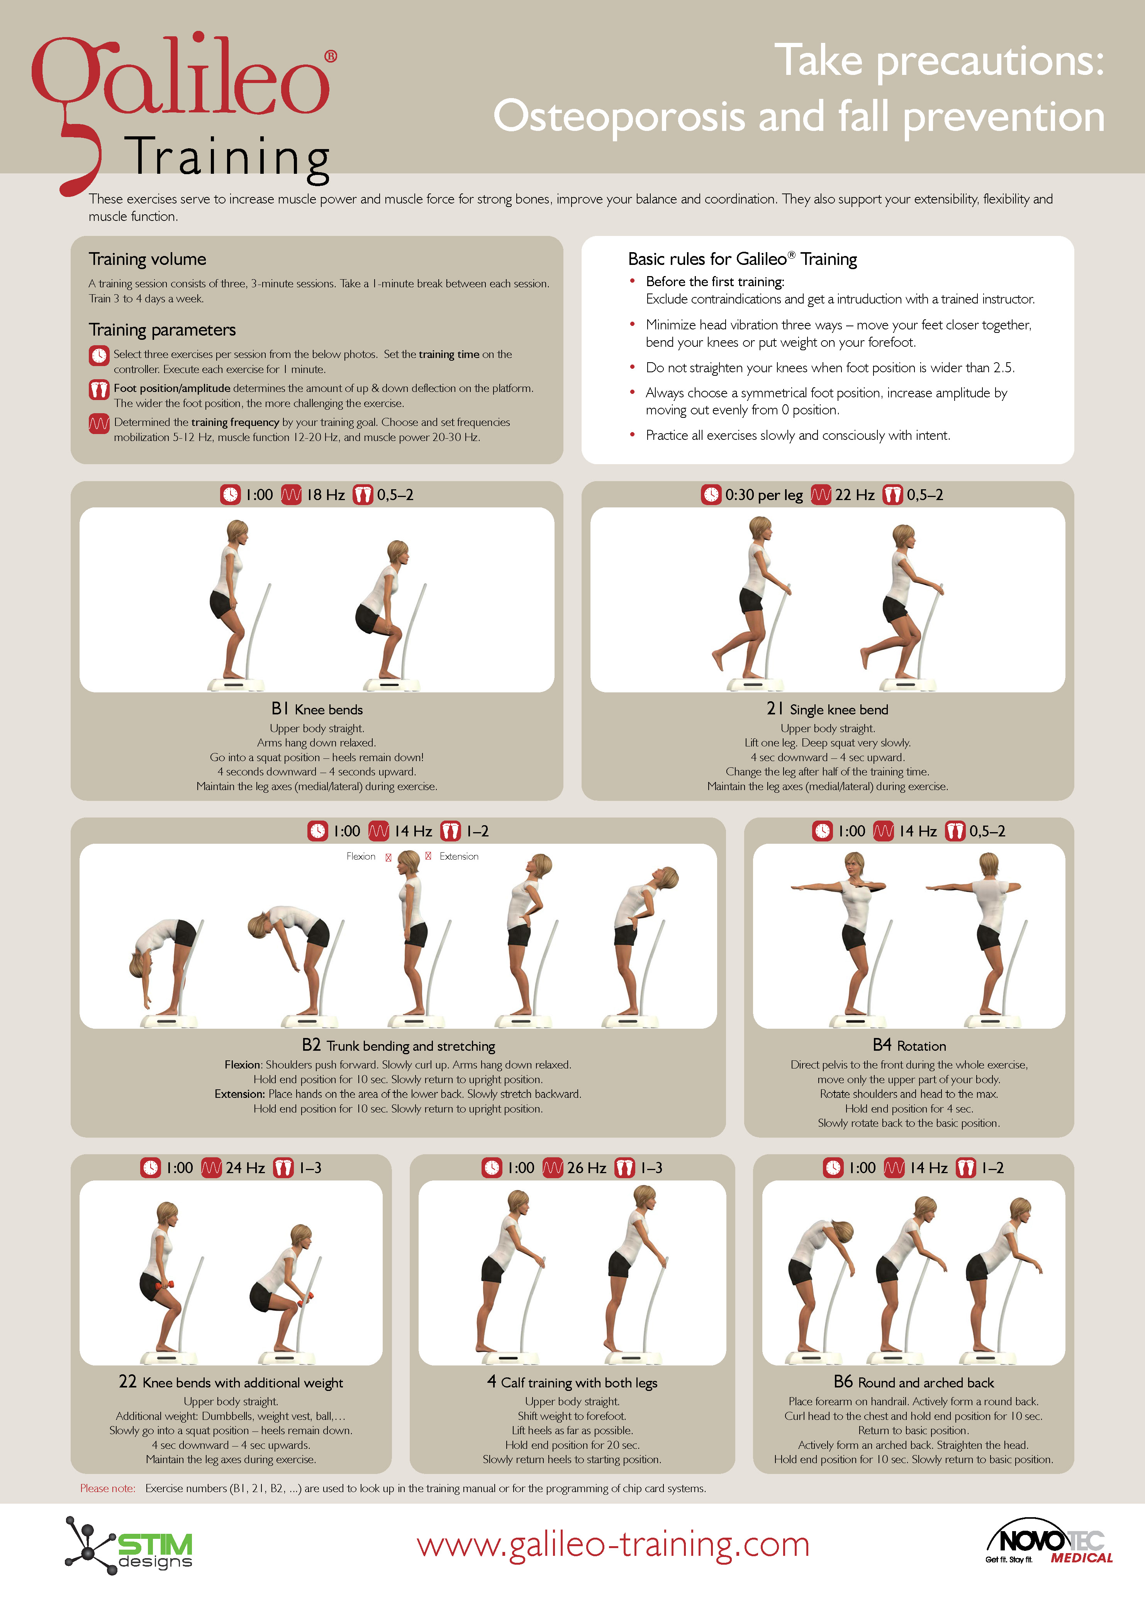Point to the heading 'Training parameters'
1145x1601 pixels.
tap(162, 330)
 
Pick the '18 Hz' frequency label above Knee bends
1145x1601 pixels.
tap(325, 495)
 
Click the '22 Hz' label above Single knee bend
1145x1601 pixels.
tap(855, 495)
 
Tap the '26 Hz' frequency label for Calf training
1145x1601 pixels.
tap(586, 1168)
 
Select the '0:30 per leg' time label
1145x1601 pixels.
tap(763, 495)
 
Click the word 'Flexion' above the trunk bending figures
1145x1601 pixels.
tap(361, 856)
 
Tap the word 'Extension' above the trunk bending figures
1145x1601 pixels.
tap(459, 856)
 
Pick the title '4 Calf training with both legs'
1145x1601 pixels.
tap(572, 1382)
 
